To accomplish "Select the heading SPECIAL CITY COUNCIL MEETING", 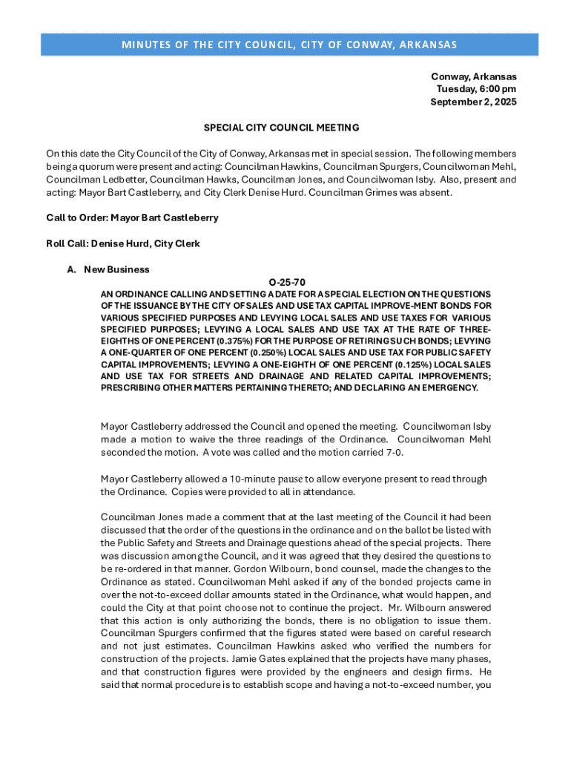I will [271, 128].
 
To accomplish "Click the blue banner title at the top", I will [289, 45].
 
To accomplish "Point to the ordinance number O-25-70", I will [287, 282].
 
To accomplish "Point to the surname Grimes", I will [407, 193].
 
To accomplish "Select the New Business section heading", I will [116, 269].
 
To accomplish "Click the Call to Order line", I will [132, 218].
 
